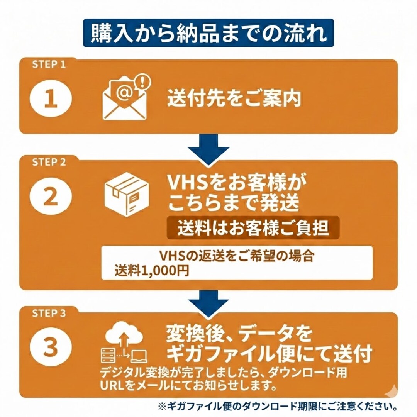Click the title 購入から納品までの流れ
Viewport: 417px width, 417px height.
[208, 33]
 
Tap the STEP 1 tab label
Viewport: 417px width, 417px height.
[49, 64]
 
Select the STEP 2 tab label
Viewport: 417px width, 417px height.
[49, 162]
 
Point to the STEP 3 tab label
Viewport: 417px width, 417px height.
[49, 313]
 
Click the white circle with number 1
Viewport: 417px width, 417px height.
[51, 98]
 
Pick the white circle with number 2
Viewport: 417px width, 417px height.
[51, 196]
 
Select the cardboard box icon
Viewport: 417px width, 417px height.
[127, 194]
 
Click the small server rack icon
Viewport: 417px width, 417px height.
[108, 356]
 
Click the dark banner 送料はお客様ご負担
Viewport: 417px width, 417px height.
[253, 228]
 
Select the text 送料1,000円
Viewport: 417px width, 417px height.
[152, 271]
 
